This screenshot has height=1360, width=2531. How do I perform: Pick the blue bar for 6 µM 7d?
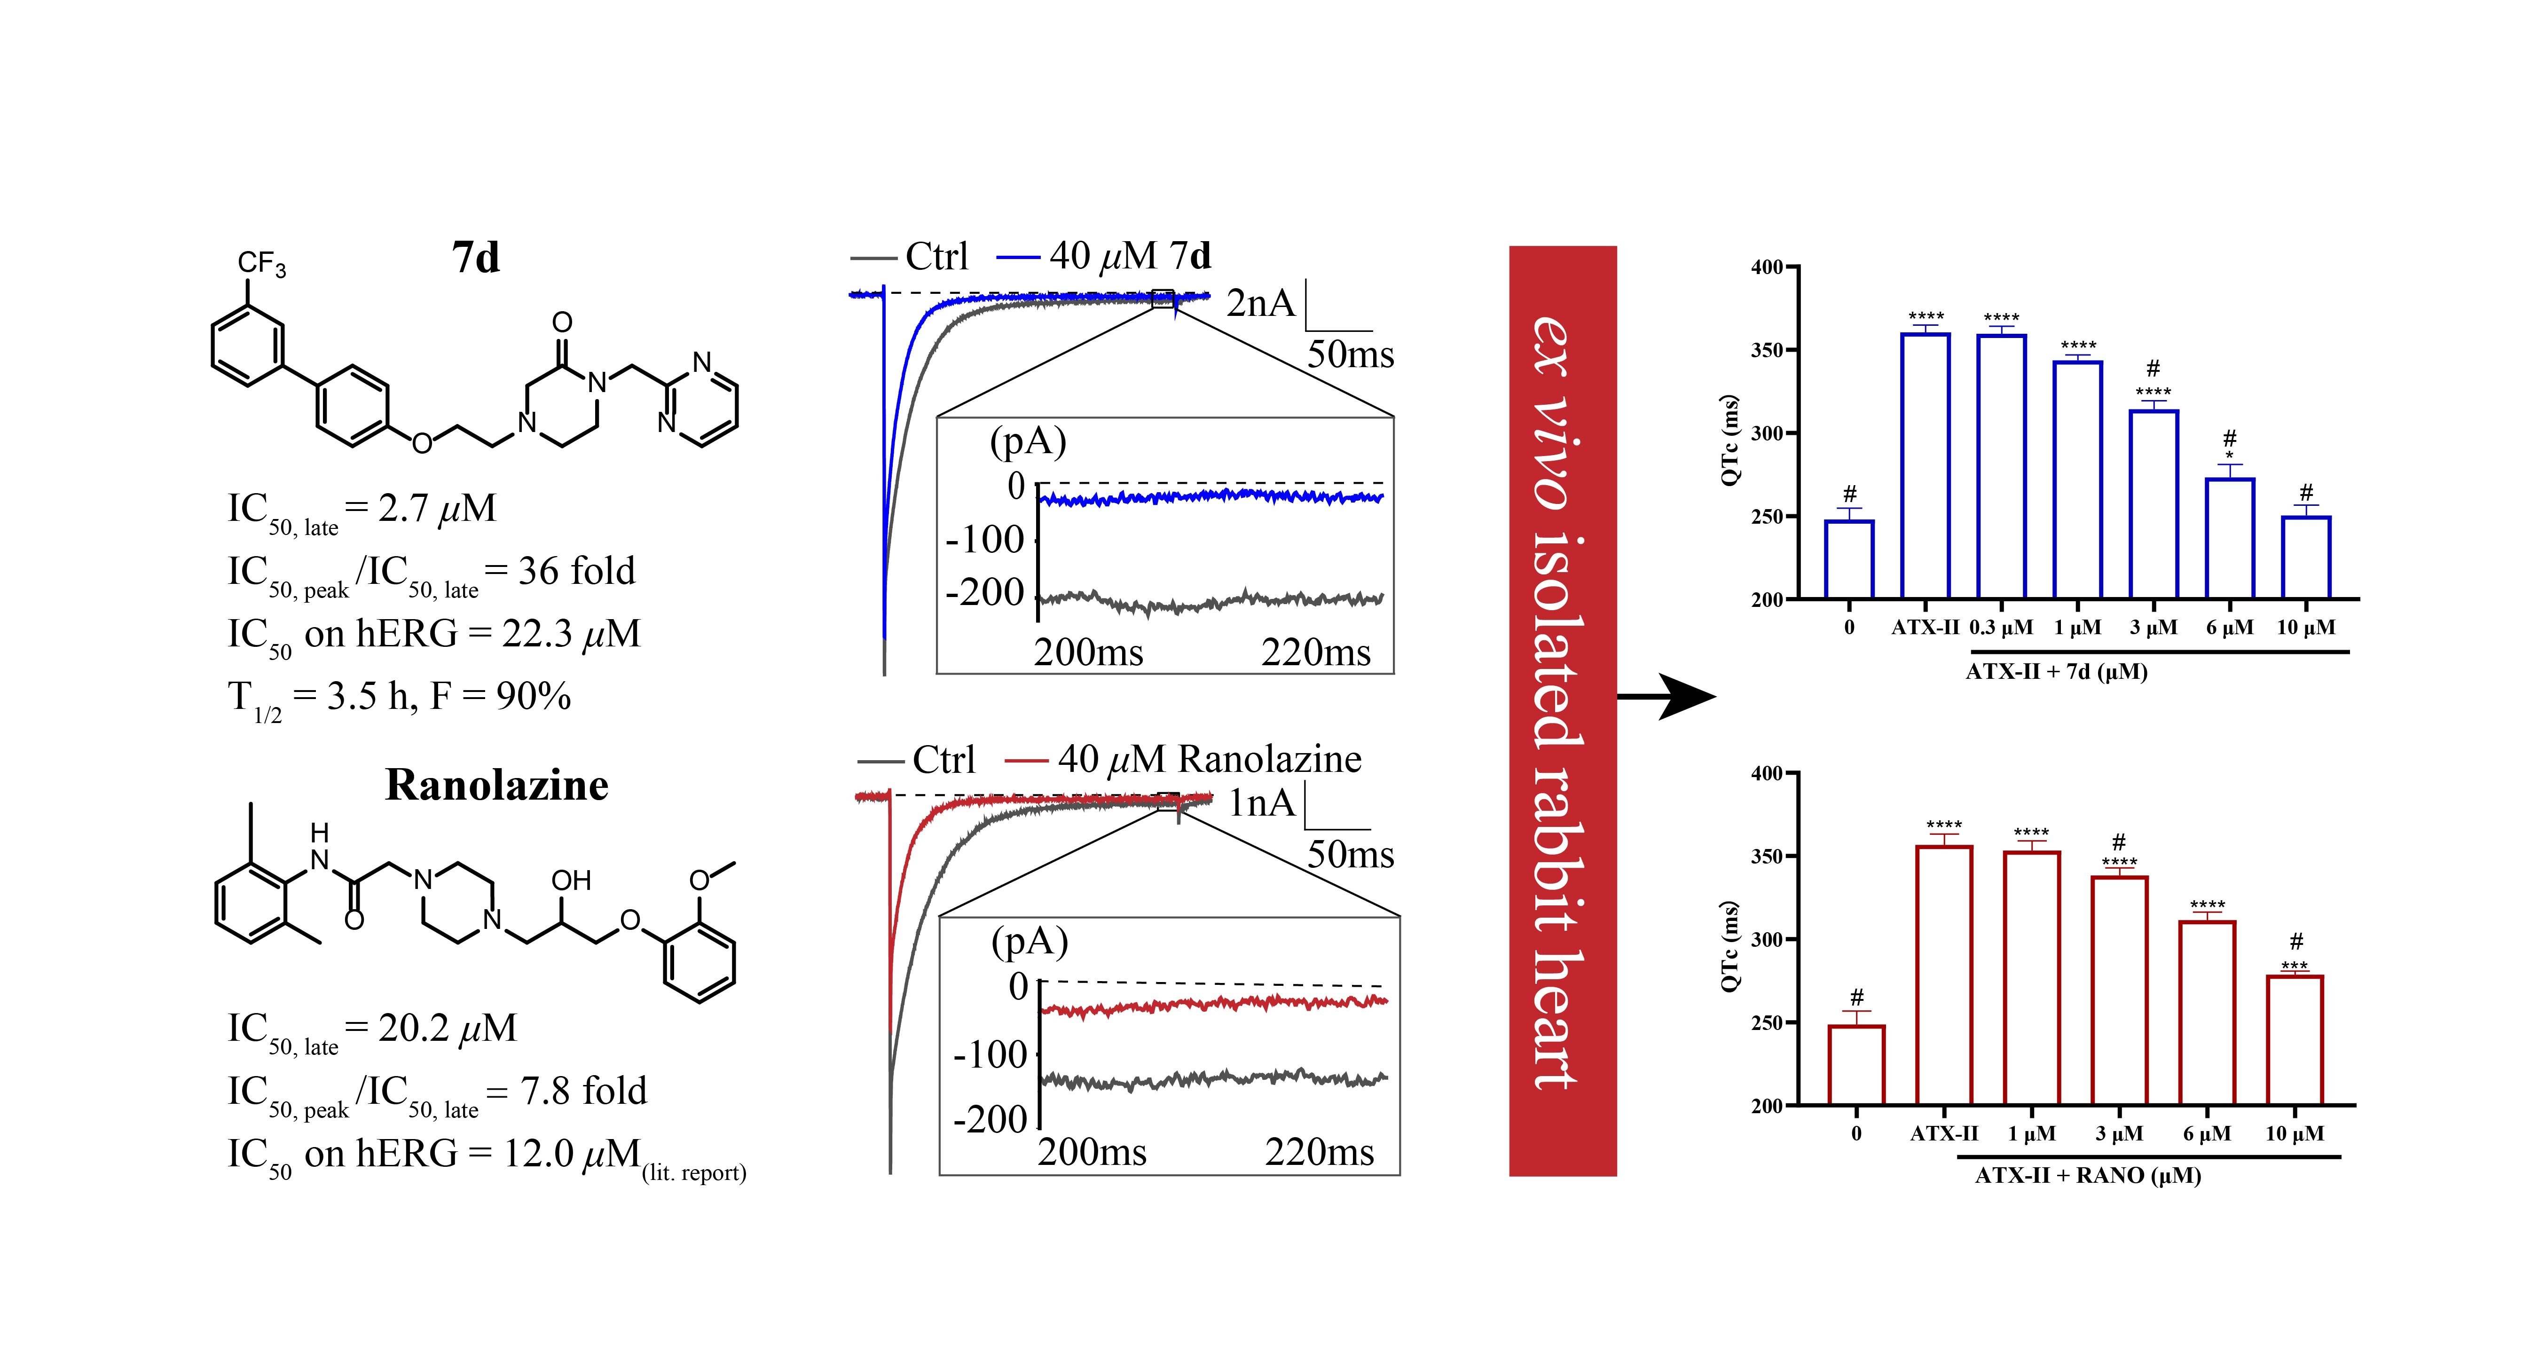[2229, 538]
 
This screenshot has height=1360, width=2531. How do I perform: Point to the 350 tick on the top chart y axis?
[1774, 350]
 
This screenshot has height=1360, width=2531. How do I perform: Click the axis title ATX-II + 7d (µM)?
[2056, 672]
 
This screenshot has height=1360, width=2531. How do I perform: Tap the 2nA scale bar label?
[1261, 304]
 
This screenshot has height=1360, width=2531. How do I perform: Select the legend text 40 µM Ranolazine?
[1210, 760]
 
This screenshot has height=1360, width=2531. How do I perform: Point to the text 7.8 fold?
[583, 1091]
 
